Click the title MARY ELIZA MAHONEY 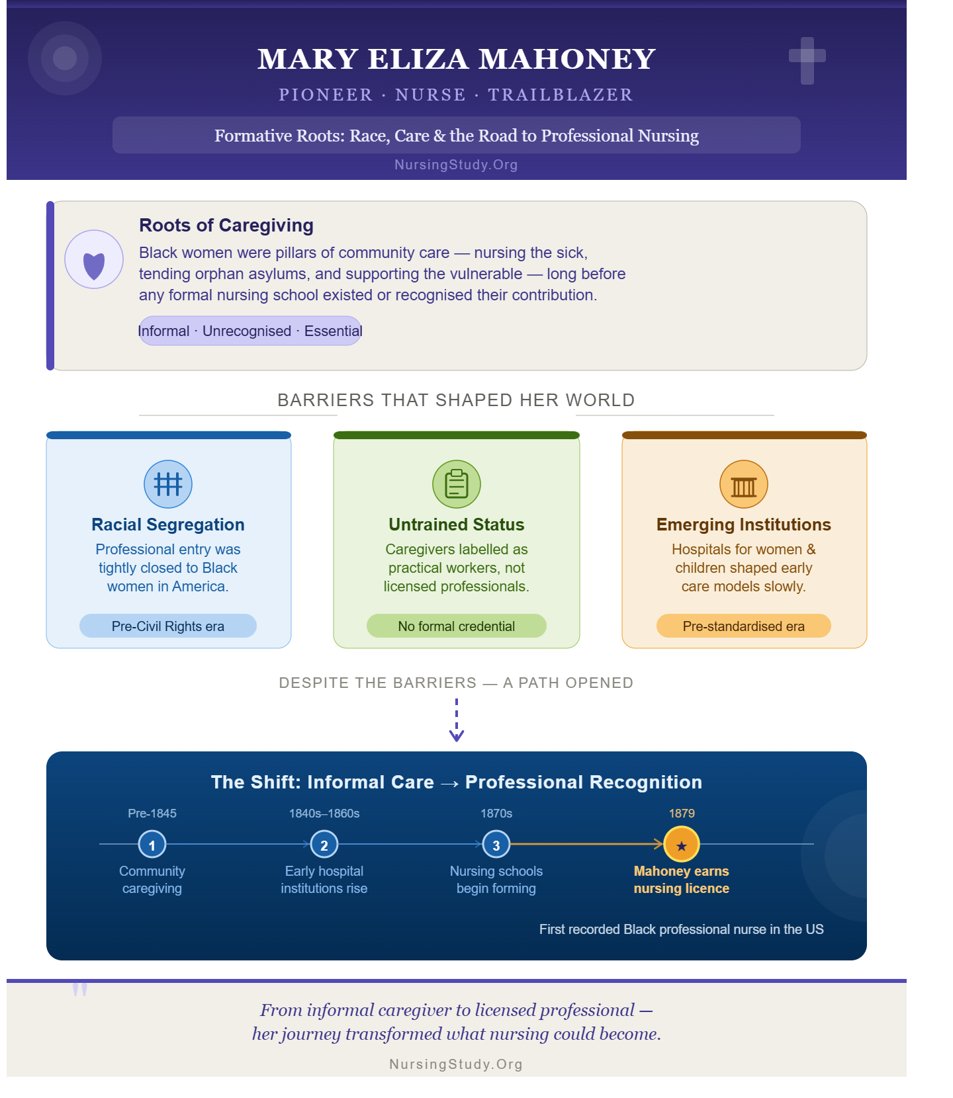456,59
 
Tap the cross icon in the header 807,61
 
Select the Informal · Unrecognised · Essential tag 250,331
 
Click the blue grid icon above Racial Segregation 168,484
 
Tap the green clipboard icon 457,484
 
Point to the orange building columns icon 744,484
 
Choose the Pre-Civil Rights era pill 168,626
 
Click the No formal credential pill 457,626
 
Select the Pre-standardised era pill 744,626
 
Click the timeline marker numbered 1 152,844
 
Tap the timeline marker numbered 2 324,844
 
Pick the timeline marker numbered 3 496,844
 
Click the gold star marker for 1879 682,844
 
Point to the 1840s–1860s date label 324,814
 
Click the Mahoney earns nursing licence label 682,880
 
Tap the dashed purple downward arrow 457,720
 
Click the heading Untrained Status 457,525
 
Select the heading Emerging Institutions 744,525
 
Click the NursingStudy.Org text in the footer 456,1064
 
